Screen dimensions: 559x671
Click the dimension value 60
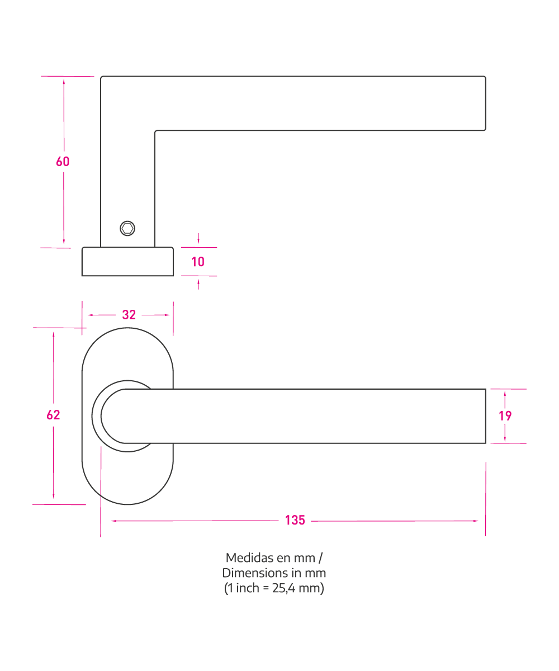pos(63,162)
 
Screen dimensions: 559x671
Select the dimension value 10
pos(198,262)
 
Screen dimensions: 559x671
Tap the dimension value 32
pos(129,315)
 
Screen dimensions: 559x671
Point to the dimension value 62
pos(53,415)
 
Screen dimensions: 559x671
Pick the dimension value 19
pos(505,416)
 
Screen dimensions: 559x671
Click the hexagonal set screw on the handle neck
pos(127,229)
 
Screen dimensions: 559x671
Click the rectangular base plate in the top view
pos(127,261)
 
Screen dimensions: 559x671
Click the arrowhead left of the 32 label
pos(90,315)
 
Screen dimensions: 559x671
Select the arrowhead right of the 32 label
pos(167,315)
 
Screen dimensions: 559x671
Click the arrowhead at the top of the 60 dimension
pos(64,82)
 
